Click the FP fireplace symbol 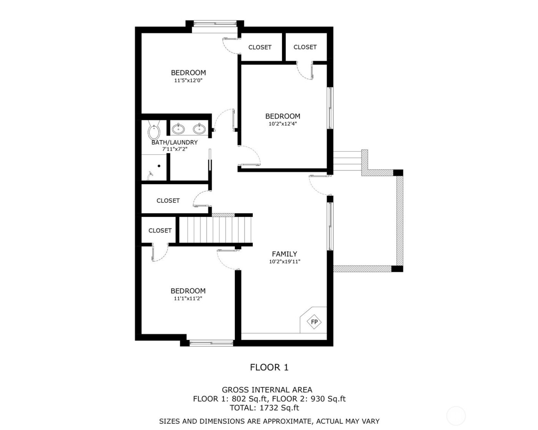click(314, 322)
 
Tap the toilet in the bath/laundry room click(154, 132)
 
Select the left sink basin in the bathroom click(178, 129)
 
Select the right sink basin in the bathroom click(198, 129)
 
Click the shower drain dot click(159, 166)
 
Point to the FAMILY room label click(284, 254)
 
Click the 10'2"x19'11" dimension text click(284, 262)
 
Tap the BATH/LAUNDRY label click(174, 142)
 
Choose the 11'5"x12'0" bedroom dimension click(188, 81)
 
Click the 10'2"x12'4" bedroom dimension click(282, 124)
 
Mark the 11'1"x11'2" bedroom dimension click(188, 298)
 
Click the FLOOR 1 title click(269, 367)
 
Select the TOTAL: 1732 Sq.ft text click(264, 408)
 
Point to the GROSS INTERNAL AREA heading click(267, 390)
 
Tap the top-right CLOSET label click(305, 47)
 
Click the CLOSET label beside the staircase click(160, 230)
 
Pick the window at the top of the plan click(214, 23)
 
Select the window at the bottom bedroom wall click(211, 343)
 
